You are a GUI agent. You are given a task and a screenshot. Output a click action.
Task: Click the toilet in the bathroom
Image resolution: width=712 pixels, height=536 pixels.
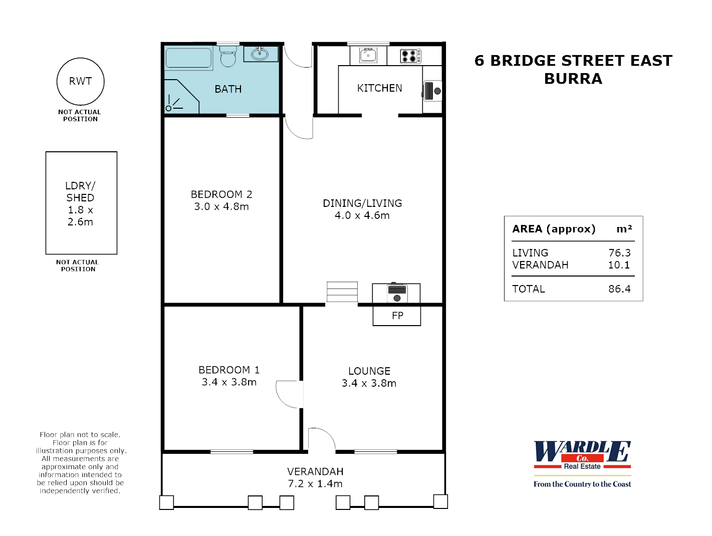pos(228,57)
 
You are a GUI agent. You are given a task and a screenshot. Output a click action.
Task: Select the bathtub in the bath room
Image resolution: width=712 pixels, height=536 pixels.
pos(188,58)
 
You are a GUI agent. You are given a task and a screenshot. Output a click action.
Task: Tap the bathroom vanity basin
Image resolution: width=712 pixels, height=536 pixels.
pos(260,54)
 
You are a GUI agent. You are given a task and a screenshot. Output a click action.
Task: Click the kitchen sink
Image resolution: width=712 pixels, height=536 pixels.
pos(368,55)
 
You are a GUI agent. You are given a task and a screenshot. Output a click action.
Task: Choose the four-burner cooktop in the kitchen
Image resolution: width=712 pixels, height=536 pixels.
pos(410,56)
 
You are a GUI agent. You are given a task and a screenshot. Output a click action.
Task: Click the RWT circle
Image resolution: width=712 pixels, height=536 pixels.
pos(81,81)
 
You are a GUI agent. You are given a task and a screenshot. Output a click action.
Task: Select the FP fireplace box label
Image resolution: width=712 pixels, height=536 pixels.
pos(397,316)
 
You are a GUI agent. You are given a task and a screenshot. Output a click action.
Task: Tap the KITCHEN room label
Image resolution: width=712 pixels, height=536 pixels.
pos(379,88)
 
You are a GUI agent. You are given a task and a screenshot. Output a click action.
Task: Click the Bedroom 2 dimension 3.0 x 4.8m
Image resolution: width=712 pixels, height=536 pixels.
pos(221,206)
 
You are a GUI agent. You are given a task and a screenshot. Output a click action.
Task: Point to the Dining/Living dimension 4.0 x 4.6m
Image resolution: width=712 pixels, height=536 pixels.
pos(362,215)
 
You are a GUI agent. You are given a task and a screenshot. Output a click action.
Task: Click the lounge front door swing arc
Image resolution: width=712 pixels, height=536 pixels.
pos(321,439)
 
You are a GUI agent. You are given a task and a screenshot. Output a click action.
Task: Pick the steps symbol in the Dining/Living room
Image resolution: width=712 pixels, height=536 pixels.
pos(342,292)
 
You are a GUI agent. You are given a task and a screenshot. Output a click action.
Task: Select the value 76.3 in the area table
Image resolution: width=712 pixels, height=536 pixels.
pos(619,253)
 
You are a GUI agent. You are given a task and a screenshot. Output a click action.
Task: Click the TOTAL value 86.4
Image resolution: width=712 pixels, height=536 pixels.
pos(619,289)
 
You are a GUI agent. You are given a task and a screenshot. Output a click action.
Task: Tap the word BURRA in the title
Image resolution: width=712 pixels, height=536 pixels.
pos(573,79)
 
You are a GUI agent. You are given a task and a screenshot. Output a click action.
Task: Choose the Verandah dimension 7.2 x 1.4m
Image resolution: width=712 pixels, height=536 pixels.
pos(315,484)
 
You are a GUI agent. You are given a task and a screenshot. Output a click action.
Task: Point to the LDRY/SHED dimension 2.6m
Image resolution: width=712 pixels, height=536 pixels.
pos(80,222)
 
